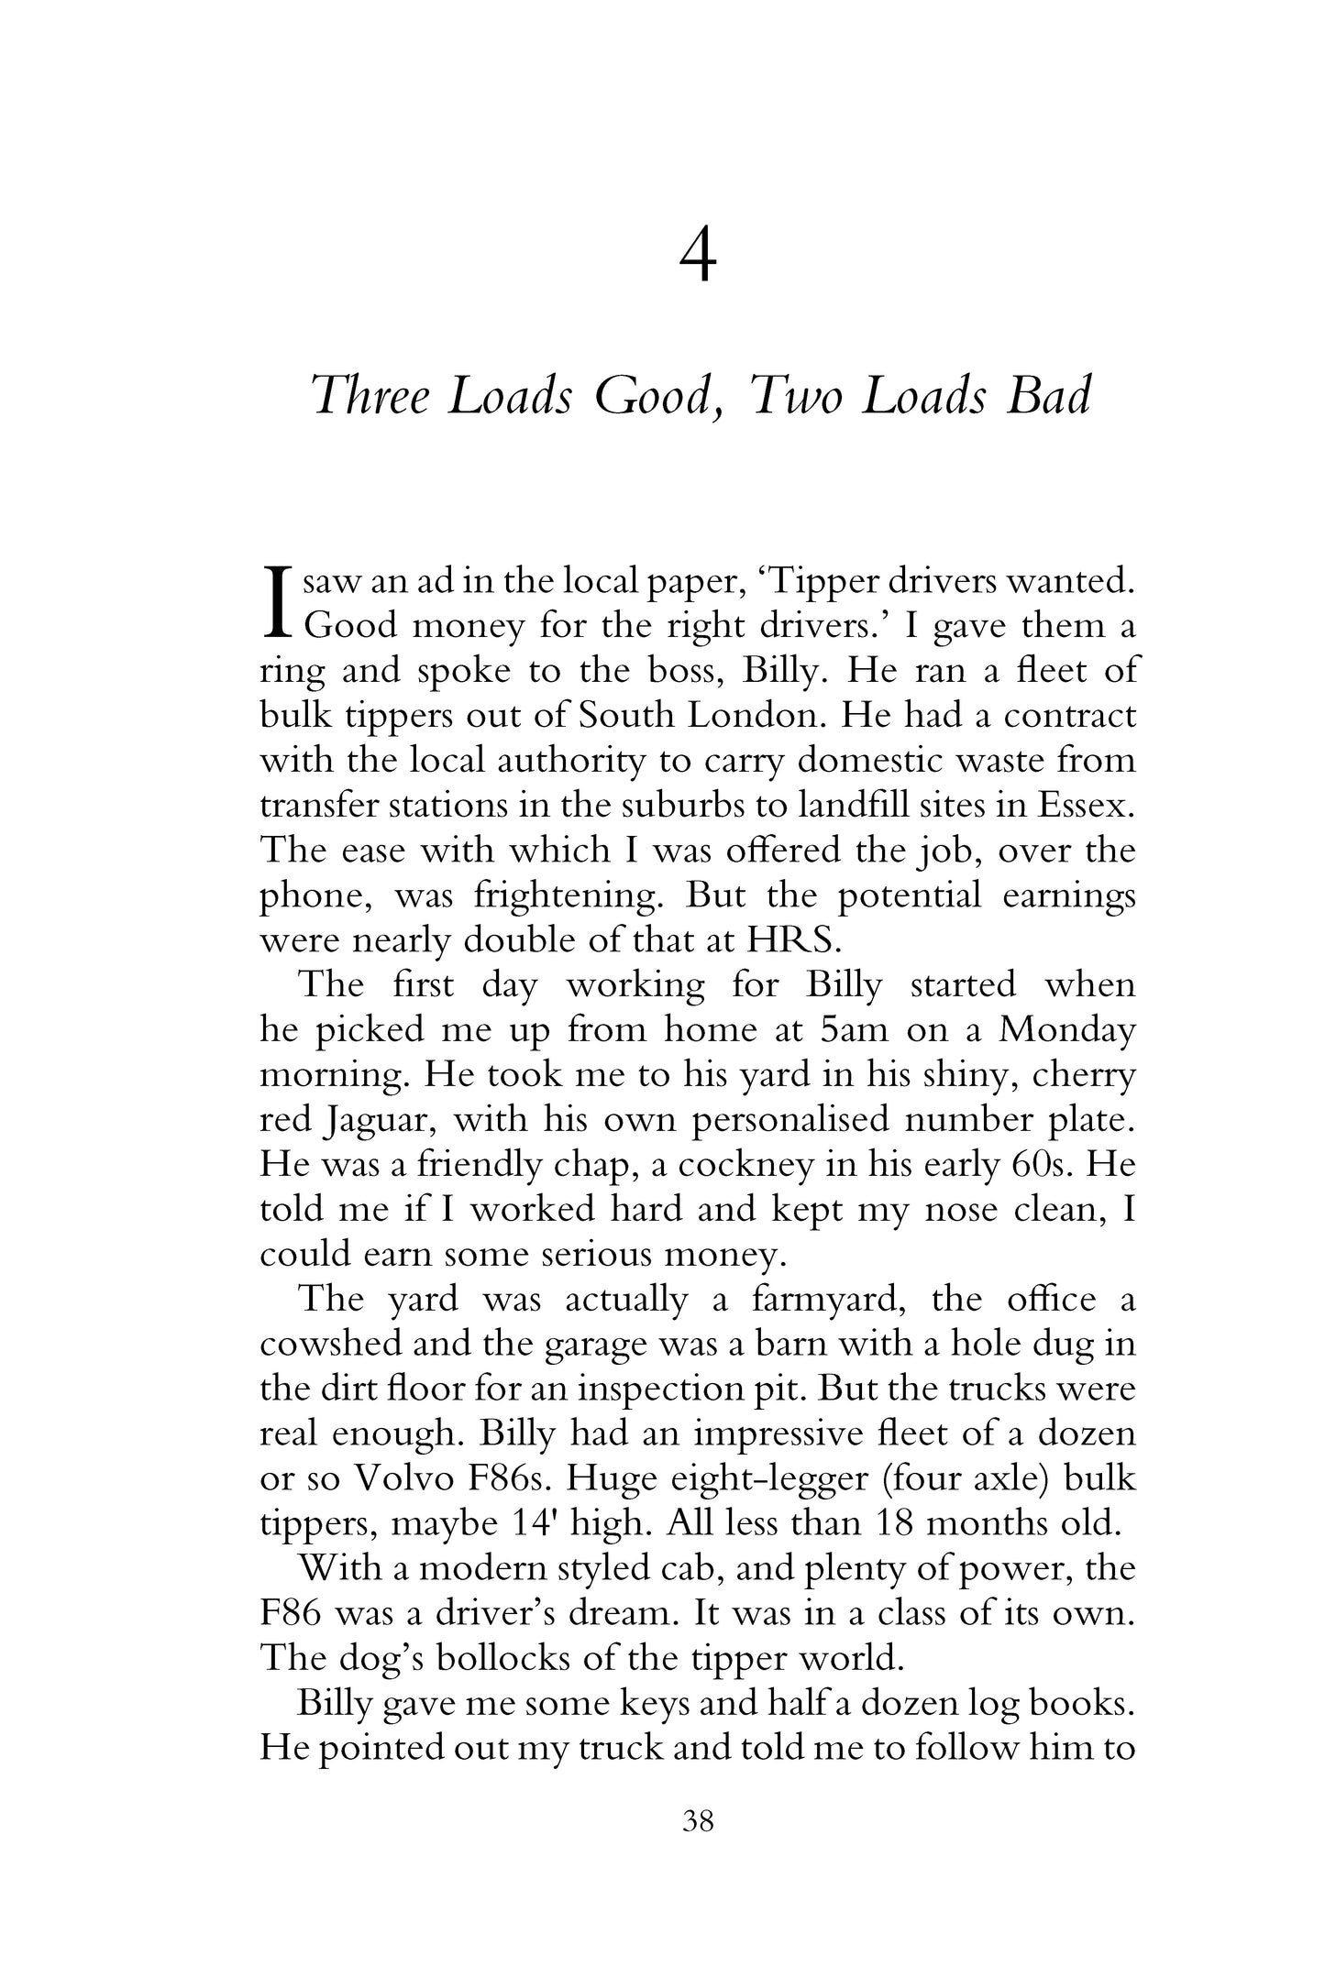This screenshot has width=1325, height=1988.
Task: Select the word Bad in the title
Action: coord(1048,396)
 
